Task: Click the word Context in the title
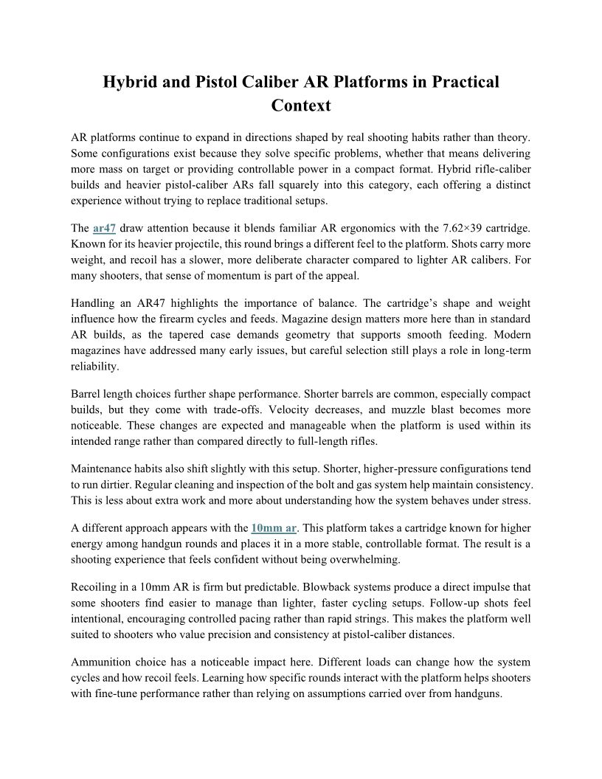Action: point(301,105)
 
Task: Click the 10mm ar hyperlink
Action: point(274,527)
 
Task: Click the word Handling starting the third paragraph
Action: point(94,303)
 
